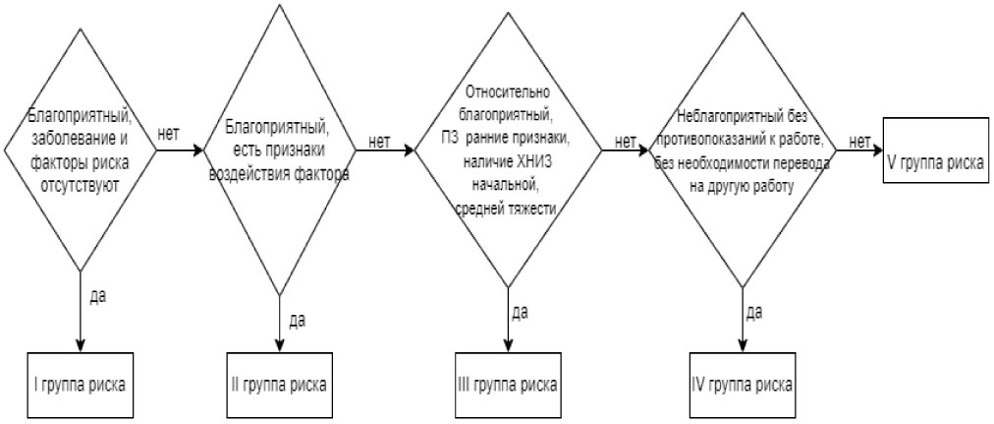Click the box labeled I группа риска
[x=80, y=383]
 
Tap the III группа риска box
[x=508, y=383]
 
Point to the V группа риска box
[x=932, y=162]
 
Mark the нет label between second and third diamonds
[x=379, y=142]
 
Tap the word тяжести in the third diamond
[x=531, y=209]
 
